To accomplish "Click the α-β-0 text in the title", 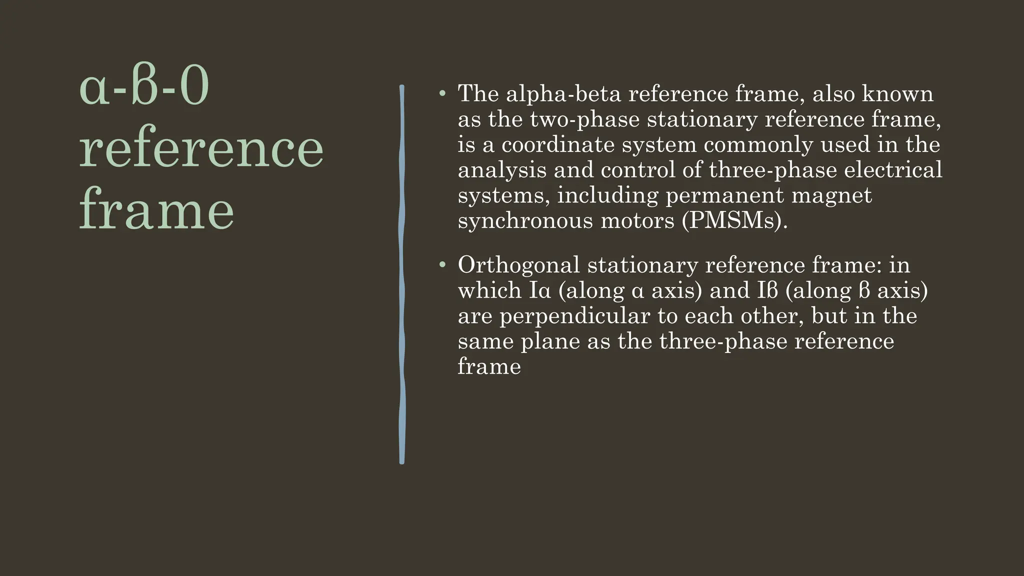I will pyautogui.click(x=144, y=88).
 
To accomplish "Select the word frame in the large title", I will pyautogui.click(x=156, y=210).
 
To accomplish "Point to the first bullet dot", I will pyautogui.click(x=441, y=93).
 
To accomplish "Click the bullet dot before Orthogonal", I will pyautogui.click(x=441, y=264).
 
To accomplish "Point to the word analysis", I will pyautogui.click(x=502, y=170).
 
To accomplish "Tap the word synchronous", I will pyautogui.click(x=525, y=220).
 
